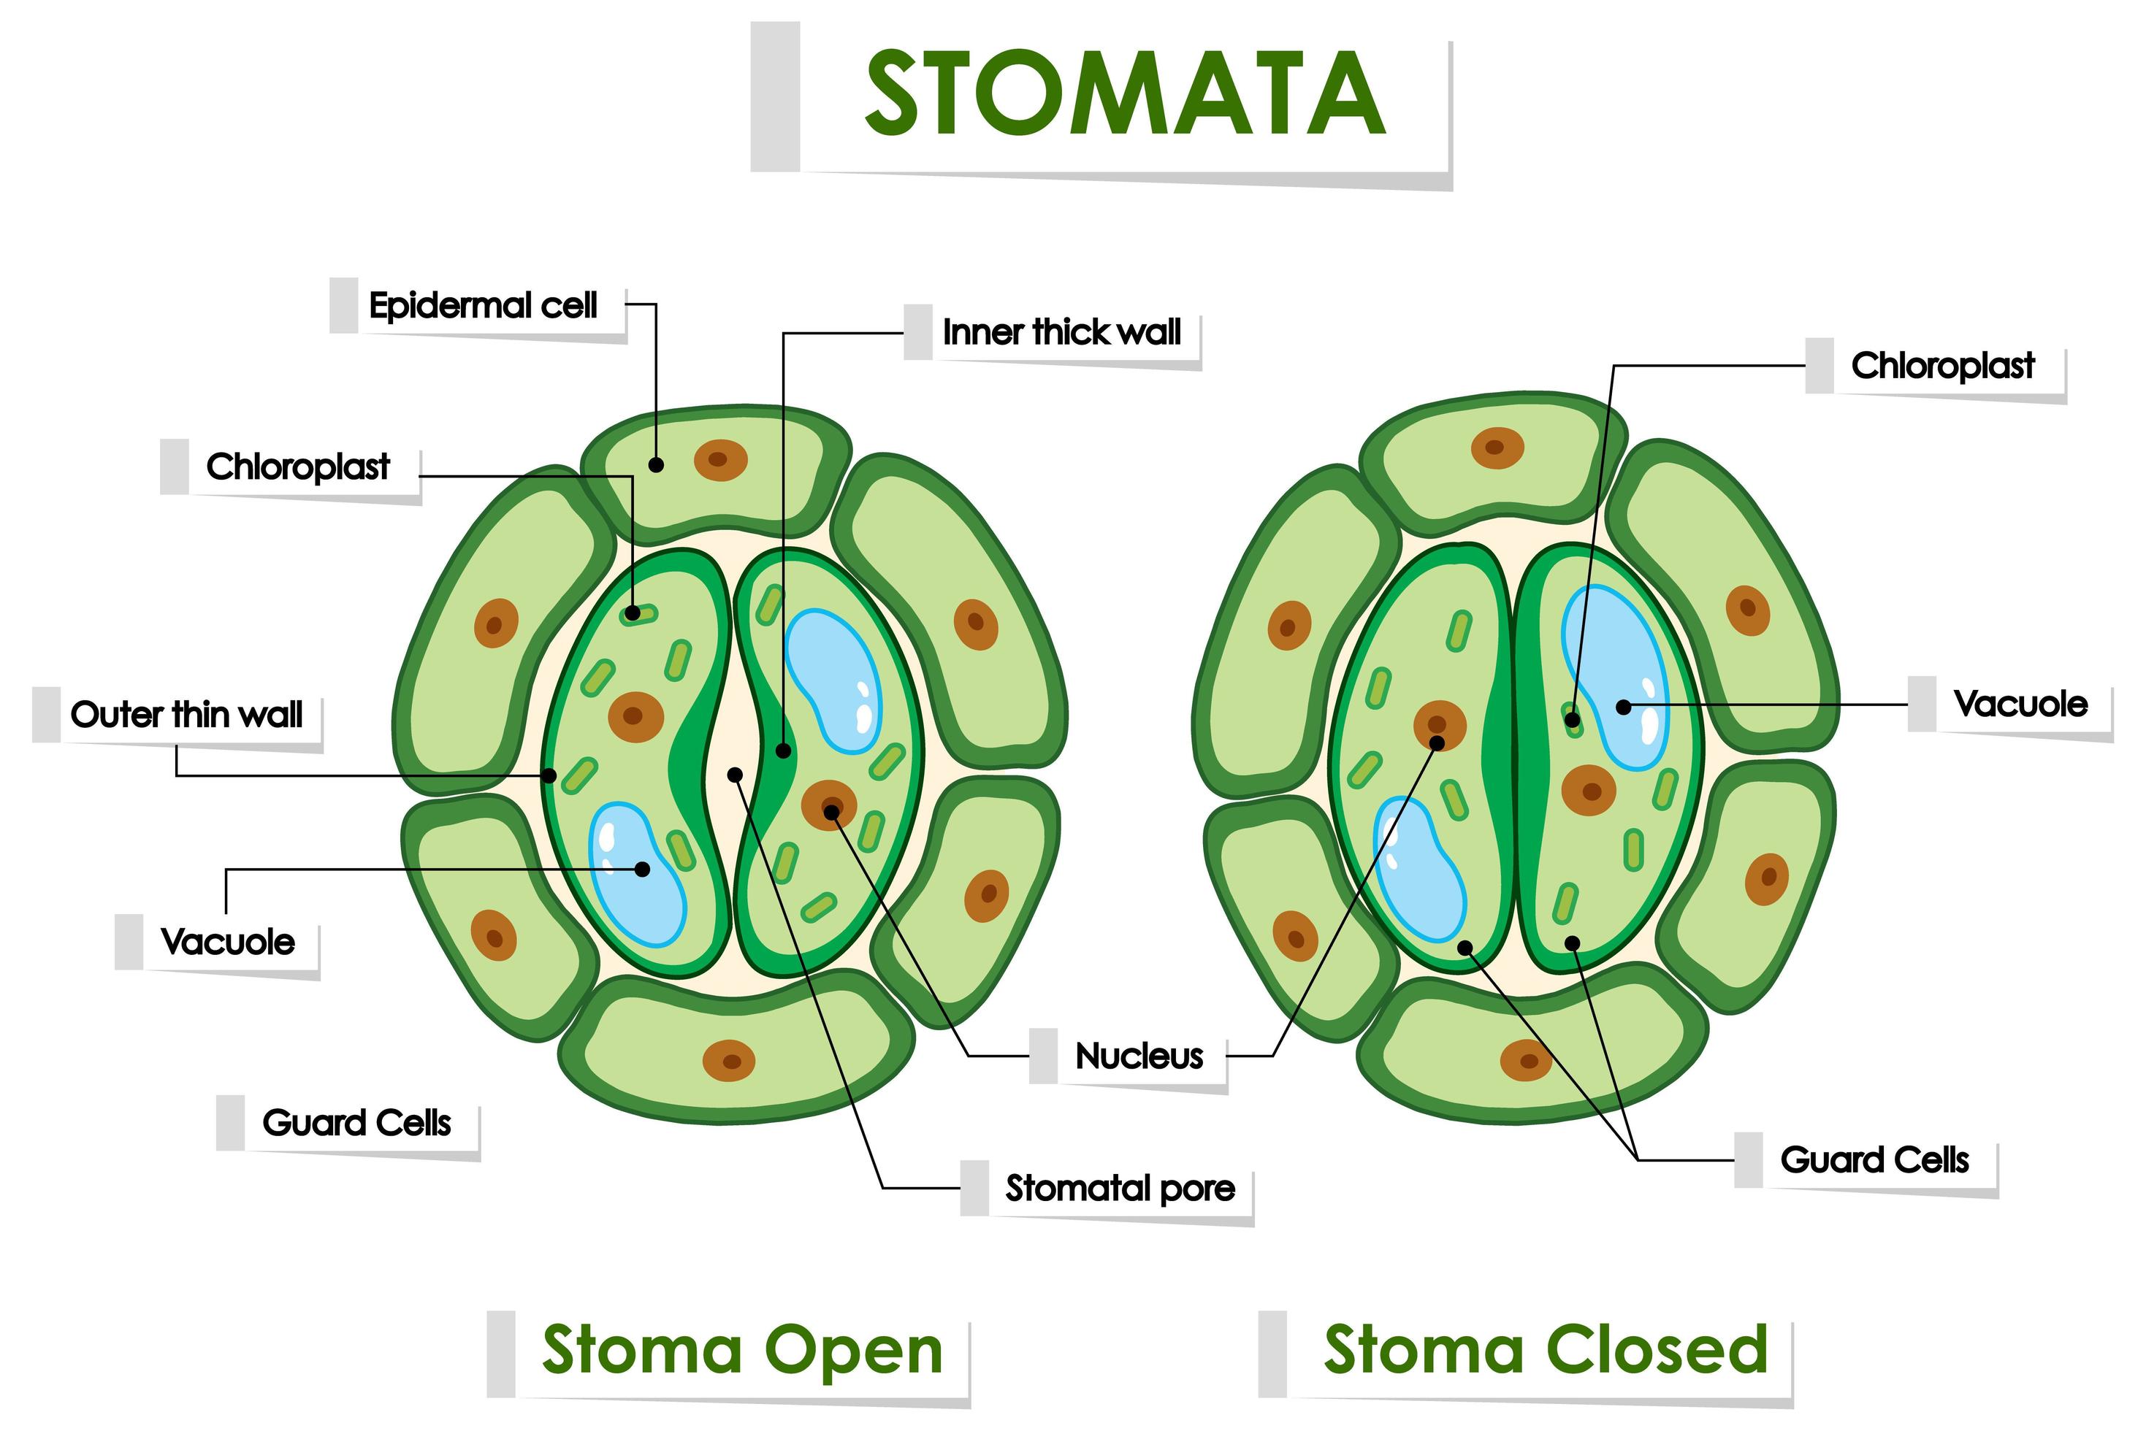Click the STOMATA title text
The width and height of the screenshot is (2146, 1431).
click(1125, 94)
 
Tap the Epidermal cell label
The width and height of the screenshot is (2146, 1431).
click(483, 305)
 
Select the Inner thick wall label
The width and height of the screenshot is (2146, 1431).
click(1061, 332)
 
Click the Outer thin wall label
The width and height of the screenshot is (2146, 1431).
click(186, 715)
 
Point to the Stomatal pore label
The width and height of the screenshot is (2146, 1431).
click(1120, 1189)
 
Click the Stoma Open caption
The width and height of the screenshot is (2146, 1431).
click(741, 1351)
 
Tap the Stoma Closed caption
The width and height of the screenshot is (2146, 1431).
click(1546, 1351)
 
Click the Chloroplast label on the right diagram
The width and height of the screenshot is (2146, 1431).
click(1942, 365)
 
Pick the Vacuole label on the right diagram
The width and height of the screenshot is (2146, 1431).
click(2020, 704)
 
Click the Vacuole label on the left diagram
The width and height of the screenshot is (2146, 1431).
click(227, 941)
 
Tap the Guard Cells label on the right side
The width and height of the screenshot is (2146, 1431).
click(1874, 1160)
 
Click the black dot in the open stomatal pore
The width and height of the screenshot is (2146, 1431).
click(735, 775)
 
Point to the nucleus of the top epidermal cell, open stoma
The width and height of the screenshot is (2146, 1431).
click(720, 460)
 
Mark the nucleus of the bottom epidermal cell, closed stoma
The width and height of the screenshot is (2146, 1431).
click(1525, 1060)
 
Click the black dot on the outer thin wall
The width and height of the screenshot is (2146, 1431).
click(549, 775)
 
